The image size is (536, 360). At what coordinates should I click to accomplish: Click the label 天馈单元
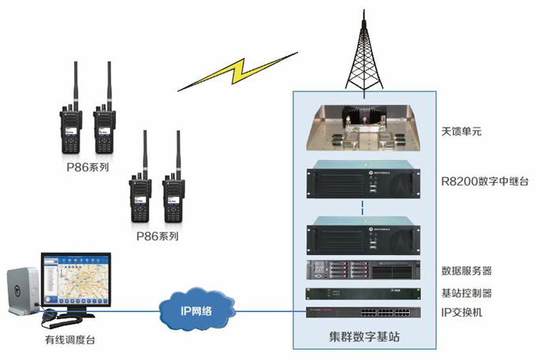click(x=462, y=132)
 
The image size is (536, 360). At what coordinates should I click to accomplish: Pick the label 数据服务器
click(x=467, y=270)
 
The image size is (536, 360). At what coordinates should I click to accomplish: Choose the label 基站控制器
click(x=467, y=293)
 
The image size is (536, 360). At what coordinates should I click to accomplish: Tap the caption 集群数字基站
click(x=363, y=336)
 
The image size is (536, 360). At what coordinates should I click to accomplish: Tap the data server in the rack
click(x=363, y=270)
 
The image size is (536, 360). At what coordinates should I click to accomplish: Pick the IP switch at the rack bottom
click(x=363, y=312)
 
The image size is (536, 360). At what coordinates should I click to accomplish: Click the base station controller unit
click(x=363, y=293)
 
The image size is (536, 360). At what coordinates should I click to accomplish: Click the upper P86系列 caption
click(x=87, y=168)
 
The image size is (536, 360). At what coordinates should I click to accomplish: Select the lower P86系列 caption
click(x=157, y=236)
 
